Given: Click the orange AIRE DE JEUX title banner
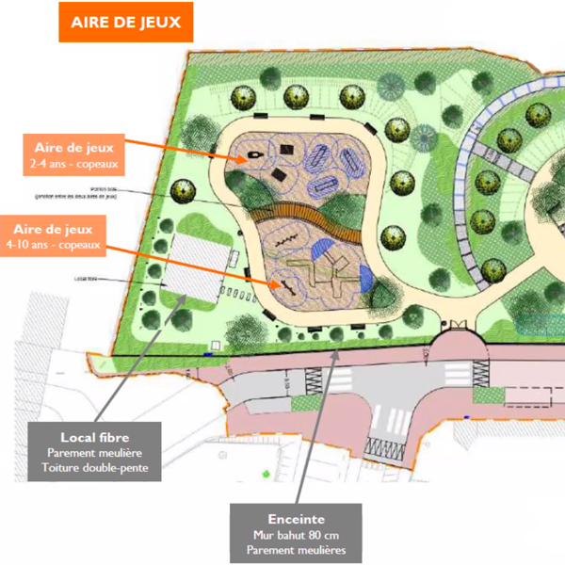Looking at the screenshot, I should [x=126, y=22].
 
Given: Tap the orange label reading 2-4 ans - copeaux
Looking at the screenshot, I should [x=73, y=153].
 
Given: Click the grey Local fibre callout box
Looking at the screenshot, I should [x=94, y=451].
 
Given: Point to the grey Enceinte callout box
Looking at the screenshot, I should [x=296, y=533].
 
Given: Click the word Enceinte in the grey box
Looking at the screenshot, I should [x=296, y=518].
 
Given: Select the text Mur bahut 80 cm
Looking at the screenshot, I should [x=296, y=535].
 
